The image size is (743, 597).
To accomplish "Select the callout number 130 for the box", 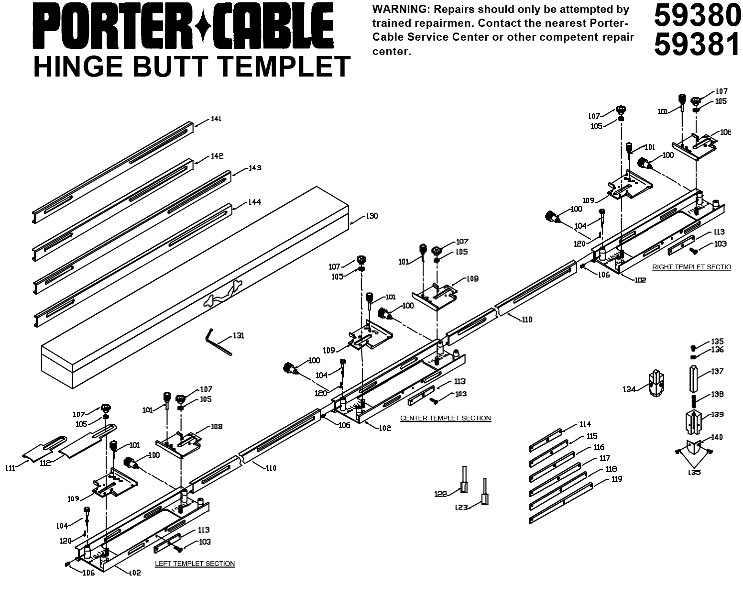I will coord(371,216).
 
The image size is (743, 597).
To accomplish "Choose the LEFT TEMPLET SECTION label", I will coord(195,564).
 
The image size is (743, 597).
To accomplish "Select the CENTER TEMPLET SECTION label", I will coord(445,418).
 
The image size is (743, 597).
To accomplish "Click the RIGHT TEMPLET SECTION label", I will coord(691,267).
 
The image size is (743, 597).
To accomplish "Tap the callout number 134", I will coord(630,389).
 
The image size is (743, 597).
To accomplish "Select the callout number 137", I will coord(717,371).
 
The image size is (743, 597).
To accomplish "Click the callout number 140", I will coord(717,437).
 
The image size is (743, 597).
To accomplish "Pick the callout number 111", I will coord(11,468).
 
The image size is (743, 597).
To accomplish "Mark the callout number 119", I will coord(617,479).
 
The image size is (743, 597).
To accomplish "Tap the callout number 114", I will coord(585,424).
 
